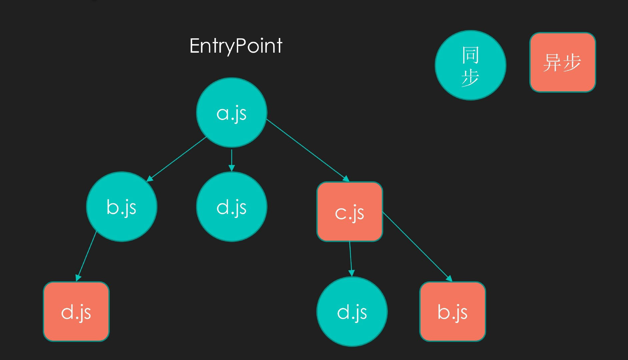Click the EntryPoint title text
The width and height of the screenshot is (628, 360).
coord(236,46)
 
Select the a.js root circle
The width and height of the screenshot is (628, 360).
coord(232,113)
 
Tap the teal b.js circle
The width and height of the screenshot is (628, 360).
coord(122,207)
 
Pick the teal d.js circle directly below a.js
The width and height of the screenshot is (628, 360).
coord(232,207)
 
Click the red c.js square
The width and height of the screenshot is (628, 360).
coord(350,212)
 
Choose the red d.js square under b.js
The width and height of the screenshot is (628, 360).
coord(76,312)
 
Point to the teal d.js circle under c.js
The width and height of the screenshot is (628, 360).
coord(352,312)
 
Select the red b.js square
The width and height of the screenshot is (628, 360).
coord(453,312)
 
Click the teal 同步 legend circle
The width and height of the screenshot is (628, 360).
coord(471,65)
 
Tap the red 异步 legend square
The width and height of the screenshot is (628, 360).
coord(563,62)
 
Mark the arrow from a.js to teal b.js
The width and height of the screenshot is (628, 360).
coord(177,159)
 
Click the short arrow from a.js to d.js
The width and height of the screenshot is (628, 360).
coord(232,160)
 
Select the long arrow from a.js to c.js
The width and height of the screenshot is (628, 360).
coord(308,150)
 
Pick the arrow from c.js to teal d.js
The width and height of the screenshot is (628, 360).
coord(351,259)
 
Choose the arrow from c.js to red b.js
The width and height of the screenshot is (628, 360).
coord(417,247)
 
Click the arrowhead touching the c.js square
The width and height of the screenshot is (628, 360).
coord(346,179)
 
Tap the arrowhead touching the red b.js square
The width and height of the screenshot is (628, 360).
coord(449,279)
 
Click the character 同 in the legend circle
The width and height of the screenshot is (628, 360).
coord(471,55)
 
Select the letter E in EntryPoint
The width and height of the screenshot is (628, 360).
coord(194,46)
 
